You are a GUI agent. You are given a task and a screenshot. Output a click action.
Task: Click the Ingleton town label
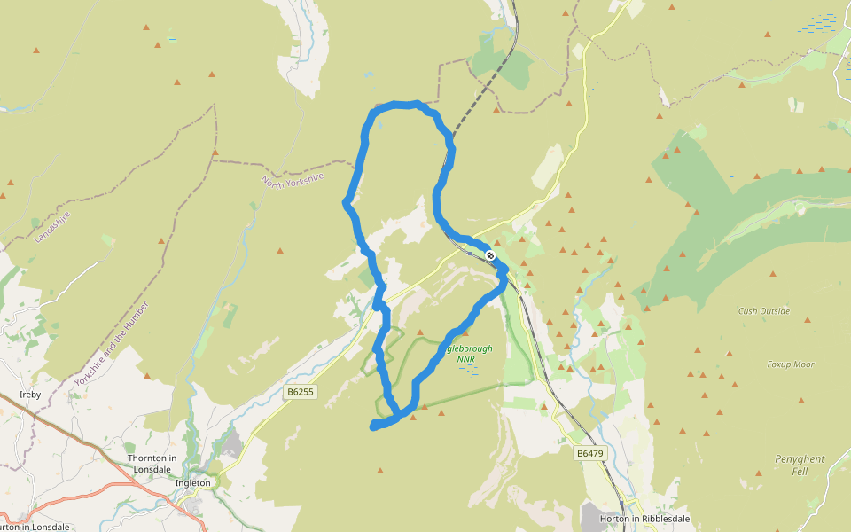click(193, 483)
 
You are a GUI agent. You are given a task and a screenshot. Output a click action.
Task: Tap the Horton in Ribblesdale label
click(644, 519)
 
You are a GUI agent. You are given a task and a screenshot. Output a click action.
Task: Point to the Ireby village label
click(30, 394)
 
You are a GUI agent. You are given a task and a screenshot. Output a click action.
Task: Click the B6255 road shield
click(301, 391)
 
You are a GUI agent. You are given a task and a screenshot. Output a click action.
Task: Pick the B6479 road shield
click(589, 453)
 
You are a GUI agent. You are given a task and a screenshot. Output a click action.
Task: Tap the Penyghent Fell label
click(800, 465)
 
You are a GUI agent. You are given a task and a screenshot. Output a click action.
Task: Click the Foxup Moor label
click(791, 364)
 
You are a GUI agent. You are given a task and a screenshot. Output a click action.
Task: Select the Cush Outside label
click(763, 311)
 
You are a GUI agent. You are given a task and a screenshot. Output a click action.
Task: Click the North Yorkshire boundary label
click(292, 192)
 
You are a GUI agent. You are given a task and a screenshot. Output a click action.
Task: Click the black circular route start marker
click(490, 255)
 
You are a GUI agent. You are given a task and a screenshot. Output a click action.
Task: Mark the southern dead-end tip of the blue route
click(373, 427)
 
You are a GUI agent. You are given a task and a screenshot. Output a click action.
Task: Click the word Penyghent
click(800, 459)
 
